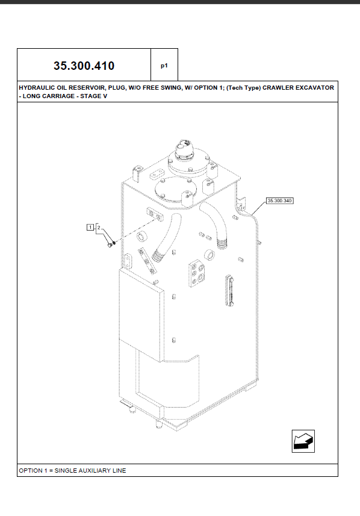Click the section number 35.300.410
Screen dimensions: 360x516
[x=84, y=66]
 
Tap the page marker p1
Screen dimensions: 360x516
[x=164, y=66]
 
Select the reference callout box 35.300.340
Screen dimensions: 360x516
[x=279, y=200]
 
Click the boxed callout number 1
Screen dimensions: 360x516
[x=90, y=227]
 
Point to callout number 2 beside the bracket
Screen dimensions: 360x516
[x=99, y=228]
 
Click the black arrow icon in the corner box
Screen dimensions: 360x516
[x=303, y=441]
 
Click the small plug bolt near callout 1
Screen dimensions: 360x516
[x=109, y=244]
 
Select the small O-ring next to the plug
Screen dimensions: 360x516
[x=114, y=243]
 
